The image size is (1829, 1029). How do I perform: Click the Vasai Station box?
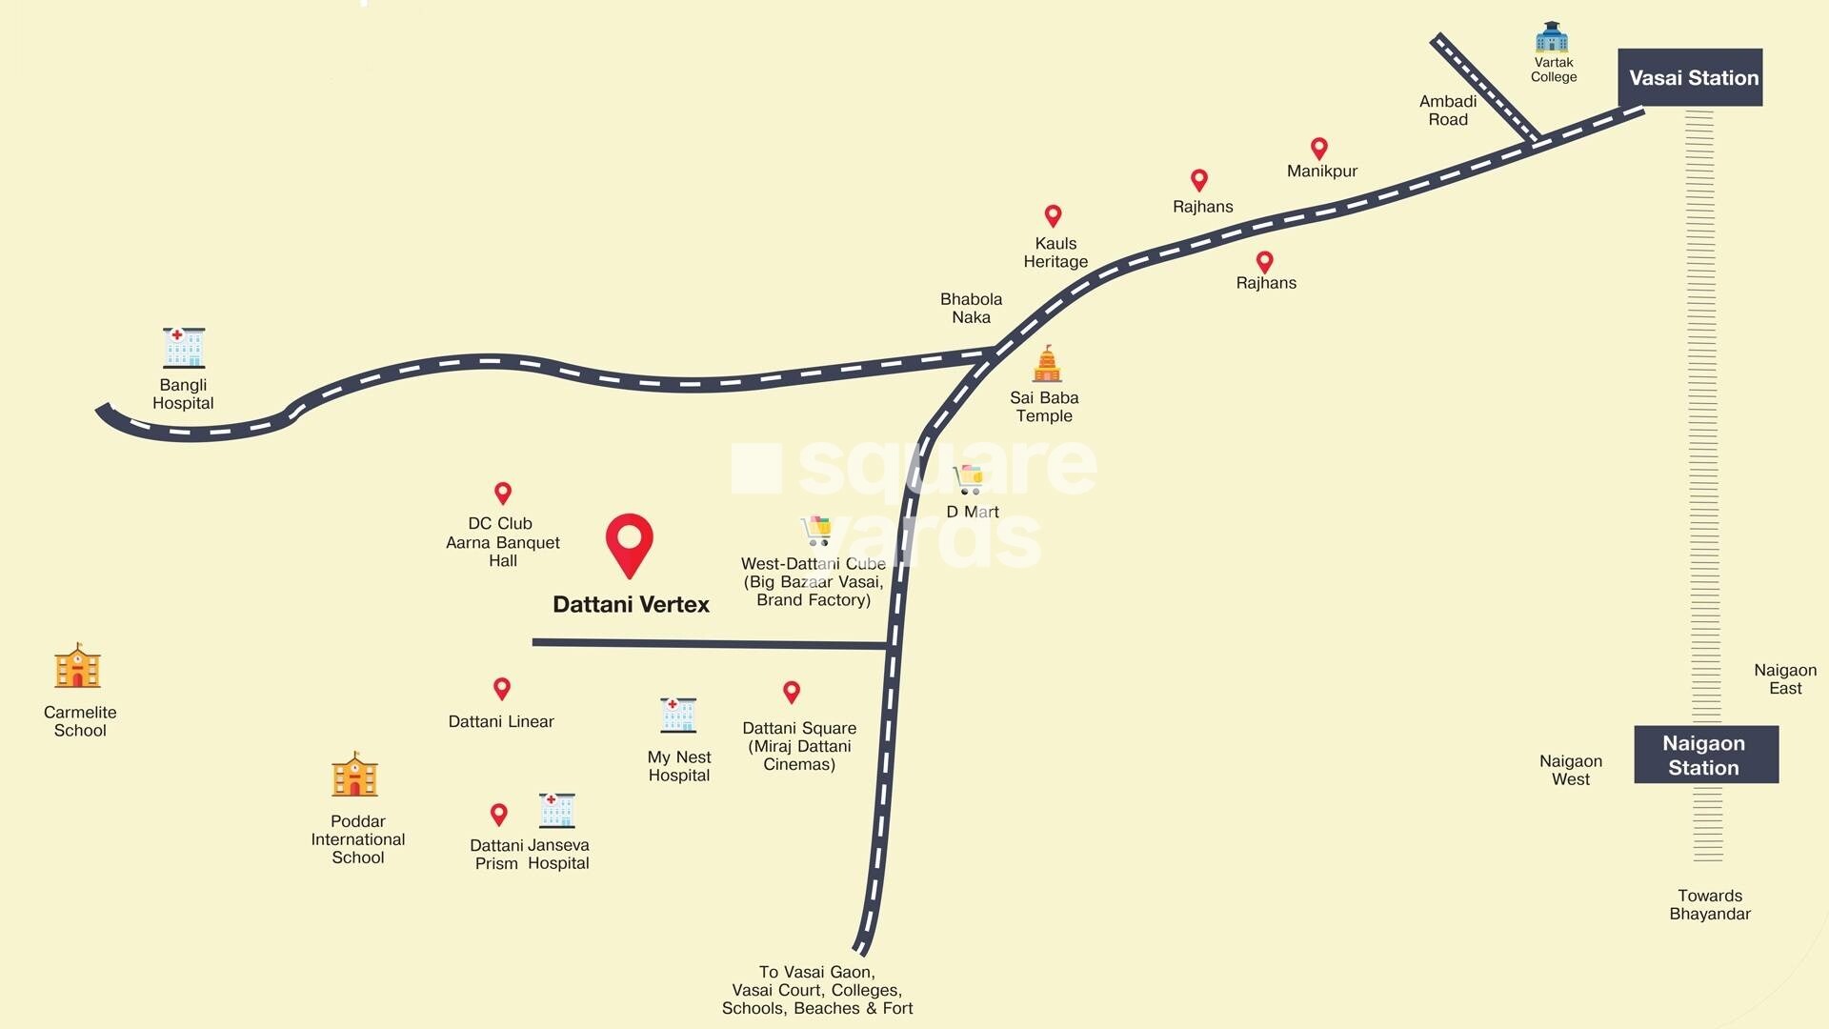[x=1690, y=77]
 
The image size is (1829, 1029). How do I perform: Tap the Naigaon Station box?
[x=1705, y=755]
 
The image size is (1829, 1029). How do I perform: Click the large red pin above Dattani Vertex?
[x=630, y=544]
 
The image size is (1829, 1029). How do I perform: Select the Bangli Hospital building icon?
[x=184, y=348]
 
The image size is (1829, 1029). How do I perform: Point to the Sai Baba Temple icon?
[x=1047, y=364]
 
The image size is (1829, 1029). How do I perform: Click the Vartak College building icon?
[x=1552, y=37]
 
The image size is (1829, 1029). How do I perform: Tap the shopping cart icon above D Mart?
[x=970, y=479]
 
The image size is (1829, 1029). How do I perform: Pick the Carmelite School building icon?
[x=78, y=666]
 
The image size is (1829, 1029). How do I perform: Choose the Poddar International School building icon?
[x=355, y=775]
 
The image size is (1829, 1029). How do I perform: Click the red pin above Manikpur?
[x=1319, y=148]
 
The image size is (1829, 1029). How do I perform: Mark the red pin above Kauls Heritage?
[x=1053, y=215]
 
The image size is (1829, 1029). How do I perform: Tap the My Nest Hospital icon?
[x=678, y=715]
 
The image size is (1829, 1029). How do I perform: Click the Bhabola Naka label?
[x=971, y=308]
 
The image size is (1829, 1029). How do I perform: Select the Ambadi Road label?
[x=1448, y=110]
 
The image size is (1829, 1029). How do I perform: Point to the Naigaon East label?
[x=1785, y=679]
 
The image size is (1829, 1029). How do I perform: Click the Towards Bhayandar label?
[x=1710, y=904]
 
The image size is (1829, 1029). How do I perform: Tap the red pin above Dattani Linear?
[x=502, y=688]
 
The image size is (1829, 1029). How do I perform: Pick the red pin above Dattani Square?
[x=792, y=691]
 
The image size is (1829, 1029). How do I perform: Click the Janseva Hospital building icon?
[x=556, y=810]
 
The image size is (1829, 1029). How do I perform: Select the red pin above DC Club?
[x=503, y=493]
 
